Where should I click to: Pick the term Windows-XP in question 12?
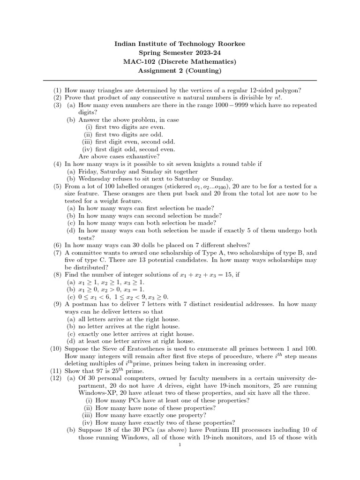click(95, 393)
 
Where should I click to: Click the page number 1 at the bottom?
click(180, 445)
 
